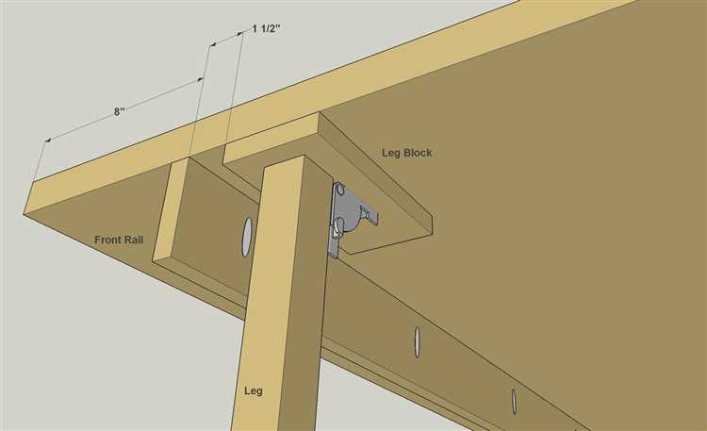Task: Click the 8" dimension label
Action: click(119, 111)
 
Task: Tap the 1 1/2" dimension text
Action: click(266, 28)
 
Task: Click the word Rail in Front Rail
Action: click(134, 240)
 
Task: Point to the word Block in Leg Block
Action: click(417, 153)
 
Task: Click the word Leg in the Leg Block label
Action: click(390, 153)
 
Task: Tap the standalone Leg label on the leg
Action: click(254, 390)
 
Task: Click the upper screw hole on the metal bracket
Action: click(340, 190)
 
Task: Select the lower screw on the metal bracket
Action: click(339, 222)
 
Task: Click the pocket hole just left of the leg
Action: click(247, 237)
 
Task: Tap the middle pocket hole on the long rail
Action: click(417, 342)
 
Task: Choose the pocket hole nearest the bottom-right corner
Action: click(514, 401)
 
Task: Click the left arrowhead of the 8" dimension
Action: click(47, 141)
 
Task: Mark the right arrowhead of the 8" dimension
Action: click(200, 80)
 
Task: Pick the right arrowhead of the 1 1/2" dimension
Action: click(240, 33)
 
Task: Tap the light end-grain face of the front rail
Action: click(170, 211)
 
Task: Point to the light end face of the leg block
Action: click(271, 139)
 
